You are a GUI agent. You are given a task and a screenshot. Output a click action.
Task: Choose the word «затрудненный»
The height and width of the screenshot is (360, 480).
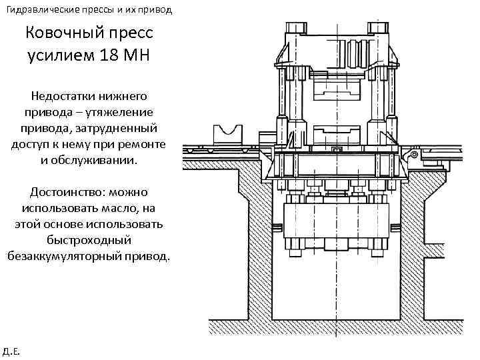tap(123, 129)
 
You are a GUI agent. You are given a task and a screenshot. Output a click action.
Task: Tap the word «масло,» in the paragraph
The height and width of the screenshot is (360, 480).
tap(116, 208)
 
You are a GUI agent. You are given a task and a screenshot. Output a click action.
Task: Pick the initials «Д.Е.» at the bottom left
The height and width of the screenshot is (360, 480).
tap(11, 350)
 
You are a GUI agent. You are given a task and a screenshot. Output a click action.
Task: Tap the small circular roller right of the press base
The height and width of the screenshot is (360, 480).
tap(415, 155)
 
